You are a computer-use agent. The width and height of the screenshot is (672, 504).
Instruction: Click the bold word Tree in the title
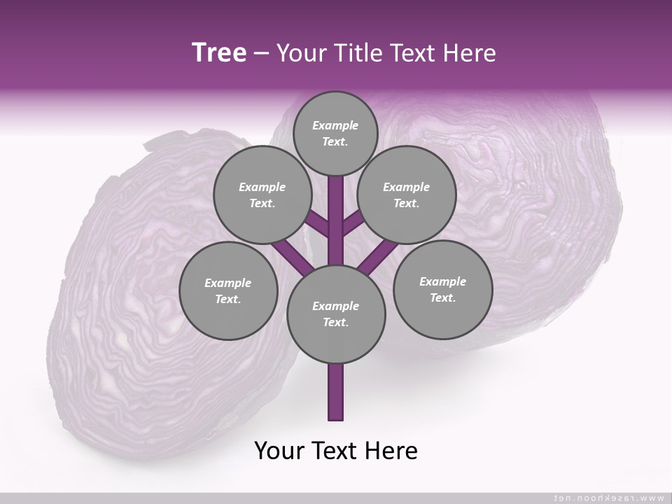click(219, 53)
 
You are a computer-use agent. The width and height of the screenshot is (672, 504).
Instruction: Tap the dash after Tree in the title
click(261, 54)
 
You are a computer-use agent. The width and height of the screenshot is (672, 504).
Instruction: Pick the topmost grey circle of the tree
click(335, 133)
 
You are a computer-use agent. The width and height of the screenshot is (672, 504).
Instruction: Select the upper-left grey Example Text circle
click(262, 195)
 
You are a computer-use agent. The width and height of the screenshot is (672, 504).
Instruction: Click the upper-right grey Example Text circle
click(406, 195)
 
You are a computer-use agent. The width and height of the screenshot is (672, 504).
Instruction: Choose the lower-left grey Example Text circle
click(227, 290)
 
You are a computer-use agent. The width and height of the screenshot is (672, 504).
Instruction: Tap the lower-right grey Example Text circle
click(442, 289)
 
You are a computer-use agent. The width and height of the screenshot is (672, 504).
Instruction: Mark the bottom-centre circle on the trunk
click(335, 314)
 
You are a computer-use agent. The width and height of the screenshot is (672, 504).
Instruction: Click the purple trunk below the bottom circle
click(335, 392)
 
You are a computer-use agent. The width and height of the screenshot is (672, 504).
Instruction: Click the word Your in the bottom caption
click(279, 451)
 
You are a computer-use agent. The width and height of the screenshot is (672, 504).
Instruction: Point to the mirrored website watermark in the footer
click(608, 498)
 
